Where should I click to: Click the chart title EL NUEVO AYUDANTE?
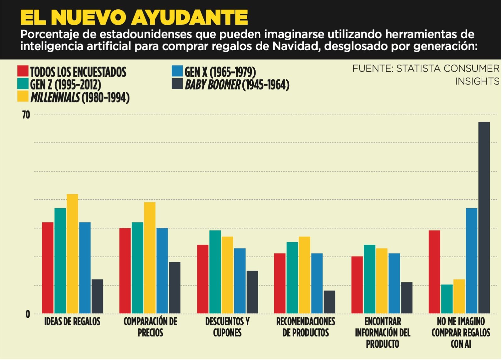pos(134,17)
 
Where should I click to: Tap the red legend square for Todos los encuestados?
pos(23,72)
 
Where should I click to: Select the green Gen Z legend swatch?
pos(23,84)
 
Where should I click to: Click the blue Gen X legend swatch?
pos(177,72)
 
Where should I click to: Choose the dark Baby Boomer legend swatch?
pos(177,84)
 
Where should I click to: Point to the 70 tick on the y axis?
pos(26,115)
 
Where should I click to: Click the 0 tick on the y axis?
pos(28,314)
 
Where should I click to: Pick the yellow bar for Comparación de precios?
pos(150,258)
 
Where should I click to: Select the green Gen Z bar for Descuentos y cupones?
pos(215,272)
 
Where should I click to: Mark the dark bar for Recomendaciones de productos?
pos(329,302)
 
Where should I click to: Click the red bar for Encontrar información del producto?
pos(357,285)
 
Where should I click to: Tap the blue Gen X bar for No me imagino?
pos(472,261)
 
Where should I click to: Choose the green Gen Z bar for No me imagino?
pos(447,299)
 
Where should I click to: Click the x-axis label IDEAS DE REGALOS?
pos(72,322)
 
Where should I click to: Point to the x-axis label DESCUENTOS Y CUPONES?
pos(227,327)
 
